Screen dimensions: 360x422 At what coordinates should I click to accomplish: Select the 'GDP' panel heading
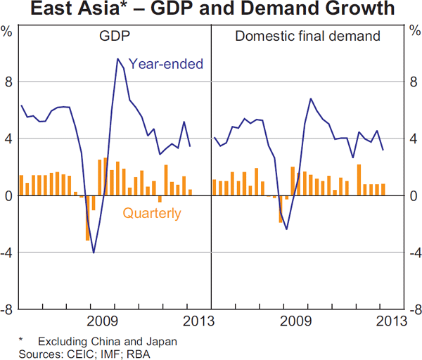115,37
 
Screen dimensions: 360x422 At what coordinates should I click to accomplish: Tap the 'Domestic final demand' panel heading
307,37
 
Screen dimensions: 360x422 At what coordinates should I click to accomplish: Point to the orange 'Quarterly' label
152,214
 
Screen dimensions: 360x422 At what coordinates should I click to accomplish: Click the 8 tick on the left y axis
8,82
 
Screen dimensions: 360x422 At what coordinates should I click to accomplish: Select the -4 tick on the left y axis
6,252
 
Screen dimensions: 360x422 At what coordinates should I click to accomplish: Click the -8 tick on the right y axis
414,309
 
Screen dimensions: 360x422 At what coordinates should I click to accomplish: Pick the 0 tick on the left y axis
8,196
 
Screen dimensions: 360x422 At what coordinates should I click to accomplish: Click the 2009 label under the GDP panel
103,321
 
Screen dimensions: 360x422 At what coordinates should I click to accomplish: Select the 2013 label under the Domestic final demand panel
392,321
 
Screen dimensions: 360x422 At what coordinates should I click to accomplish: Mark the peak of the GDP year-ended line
117,59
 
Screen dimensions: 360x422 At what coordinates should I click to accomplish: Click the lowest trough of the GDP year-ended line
94,252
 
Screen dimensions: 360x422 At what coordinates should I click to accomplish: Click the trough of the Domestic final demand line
286,229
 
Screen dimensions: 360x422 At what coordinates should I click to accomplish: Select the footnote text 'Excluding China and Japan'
107,341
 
